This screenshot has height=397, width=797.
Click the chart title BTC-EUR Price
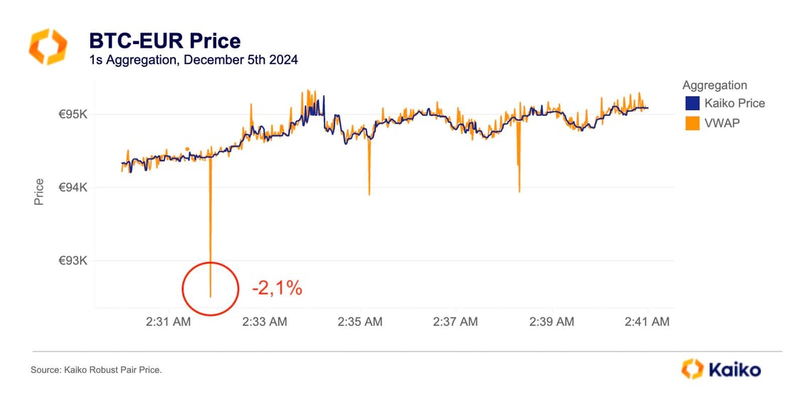click(164, 41)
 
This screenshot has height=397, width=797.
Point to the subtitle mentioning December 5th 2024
click(193, 60)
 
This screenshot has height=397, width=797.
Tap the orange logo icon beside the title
click(48, 47)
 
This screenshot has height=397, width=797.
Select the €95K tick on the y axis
click(71, 115)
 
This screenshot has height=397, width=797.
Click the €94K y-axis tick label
click(71, 188)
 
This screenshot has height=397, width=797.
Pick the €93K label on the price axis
click(71, 261)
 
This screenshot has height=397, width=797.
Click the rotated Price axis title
click(39, 191)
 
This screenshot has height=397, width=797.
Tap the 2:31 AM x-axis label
click(168, 322)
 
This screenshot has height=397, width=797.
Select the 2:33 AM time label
click(264, 322)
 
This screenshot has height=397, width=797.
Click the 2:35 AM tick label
click(359, 322)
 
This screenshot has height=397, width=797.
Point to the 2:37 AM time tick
click(455, 322)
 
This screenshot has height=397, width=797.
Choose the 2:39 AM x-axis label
click(551, 322)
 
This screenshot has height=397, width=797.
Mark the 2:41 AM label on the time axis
click(647, 322)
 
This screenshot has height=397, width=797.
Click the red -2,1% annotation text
click(277, 288)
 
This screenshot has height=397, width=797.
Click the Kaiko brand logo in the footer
click(720, 369)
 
